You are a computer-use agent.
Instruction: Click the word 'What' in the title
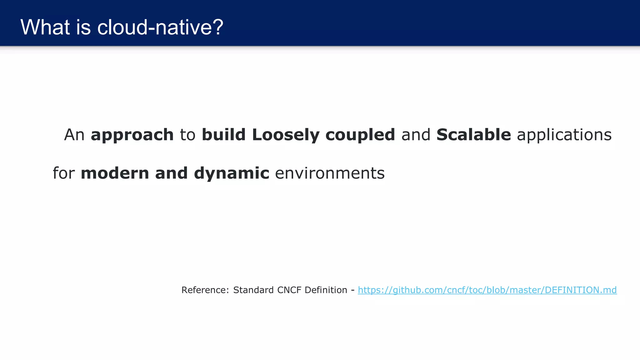click(x=45, y=27)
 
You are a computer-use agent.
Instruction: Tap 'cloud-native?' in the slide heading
click(x=160, y=27)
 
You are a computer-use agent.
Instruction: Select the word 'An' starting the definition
click(x=74, y=135)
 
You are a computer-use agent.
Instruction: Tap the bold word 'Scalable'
click(x=474, y=135)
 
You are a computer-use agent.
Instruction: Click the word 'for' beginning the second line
click(x=64, y=173)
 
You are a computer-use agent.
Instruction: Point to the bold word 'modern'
click(x=115, y=173)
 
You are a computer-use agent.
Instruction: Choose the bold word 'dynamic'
click(x=232, y=174)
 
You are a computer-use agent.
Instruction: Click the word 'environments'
click(x=330, y=173)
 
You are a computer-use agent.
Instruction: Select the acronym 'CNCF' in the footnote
click(x=289, y=290)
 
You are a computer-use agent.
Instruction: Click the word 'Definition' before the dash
click(x=326, y=290)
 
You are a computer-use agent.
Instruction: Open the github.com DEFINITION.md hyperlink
click(x=487, y=290)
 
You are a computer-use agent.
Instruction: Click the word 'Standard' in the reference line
click(x=253, y=290)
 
